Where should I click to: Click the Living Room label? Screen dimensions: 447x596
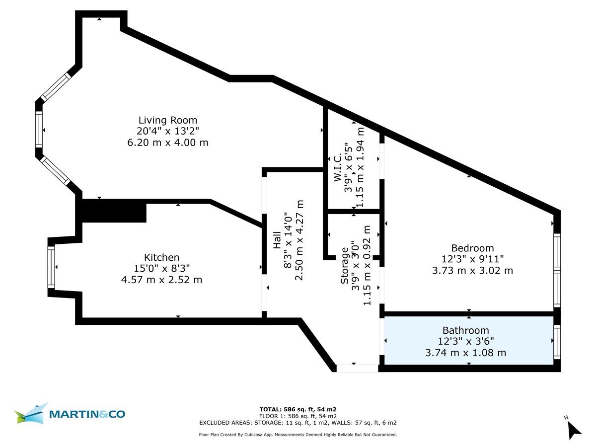pos(167,120)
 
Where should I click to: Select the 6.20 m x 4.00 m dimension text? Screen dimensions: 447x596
pos(167,143)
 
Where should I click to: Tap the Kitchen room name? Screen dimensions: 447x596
pos(161,257)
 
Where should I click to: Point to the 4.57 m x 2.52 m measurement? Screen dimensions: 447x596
pos(161,280)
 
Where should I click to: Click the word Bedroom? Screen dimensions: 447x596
pos(472,248)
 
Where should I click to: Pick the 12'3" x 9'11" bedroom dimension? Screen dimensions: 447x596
pos(472,259)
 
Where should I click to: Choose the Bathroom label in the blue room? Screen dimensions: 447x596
pos(465,330)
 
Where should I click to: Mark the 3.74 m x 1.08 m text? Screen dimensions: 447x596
pos(465,353)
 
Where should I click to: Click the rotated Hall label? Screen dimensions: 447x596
pos(277,242)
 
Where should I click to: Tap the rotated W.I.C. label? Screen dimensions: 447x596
pos(337,169)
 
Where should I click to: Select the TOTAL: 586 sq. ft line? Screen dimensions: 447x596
pos(298,409)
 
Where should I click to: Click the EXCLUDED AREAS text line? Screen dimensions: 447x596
pos(298,423)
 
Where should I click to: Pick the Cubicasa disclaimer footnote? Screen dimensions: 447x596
pos(298,435)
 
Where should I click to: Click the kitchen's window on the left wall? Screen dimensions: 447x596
pos(51,267)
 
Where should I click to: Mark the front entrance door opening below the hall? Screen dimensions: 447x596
pos(357,368)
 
